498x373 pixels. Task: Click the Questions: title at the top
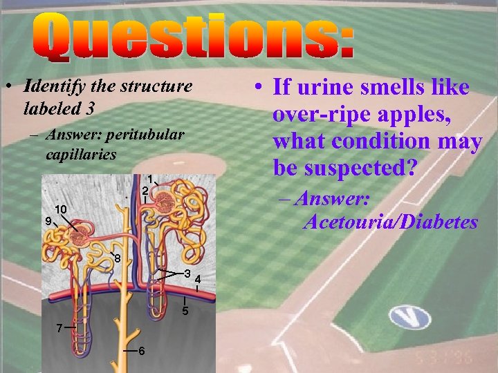193,39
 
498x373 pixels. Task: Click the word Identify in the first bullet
50,87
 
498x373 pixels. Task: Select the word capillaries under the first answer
81,153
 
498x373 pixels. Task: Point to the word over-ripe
325,115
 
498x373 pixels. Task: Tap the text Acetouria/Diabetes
390,222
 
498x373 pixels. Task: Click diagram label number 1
150,178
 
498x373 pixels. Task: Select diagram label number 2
145,191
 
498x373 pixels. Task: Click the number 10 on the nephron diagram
61,209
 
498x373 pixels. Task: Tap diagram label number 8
118,259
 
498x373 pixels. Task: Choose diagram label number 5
185,312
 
